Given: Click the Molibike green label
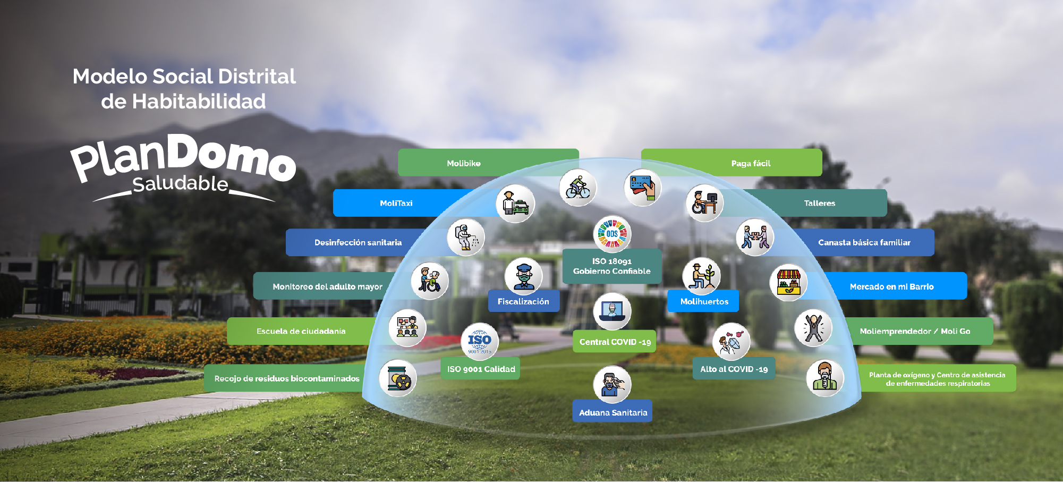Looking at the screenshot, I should (x=463, y=163).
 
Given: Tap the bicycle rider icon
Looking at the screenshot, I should (x=578, y=188).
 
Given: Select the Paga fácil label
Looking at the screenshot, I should (x=750, y=163).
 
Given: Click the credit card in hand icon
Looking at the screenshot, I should (x=643, y=188).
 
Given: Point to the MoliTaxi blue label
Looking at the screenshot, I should (x=396, y=203).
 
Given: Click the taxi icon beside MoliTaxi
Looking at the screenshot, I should (x=515, y=204).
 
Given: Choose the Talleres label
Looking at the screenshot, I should (x=819, y=203).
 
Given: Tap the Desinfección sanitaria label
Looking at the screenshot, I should (x=358, y=242).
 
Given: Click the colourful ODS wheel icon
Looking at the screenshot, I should (x=612, y=234).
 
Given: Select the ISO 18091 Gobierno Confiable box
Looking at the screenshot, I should (x=612, y=266).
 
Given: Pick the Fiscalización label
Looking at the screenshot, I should (x=523, y=301).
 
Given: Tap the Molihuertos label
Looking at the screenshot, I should (x=704, y=301).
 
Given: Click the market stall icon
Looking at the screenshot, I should (x=788, y=282).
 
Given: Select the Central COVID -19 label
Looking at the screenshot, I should (x=615, y=342).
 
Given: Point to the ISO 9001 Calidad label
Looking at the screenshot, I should (x=481, y=369).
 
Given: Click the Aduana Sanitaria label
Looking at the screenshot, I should (x=613, y=412).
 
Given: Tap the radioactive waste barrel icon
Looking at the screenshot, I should (x=398, y=378).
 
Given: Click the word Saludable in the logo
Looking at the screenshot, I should (x=180, y=184).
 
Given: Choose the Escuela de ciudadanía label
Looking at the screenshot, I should (x=301, y=331).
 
